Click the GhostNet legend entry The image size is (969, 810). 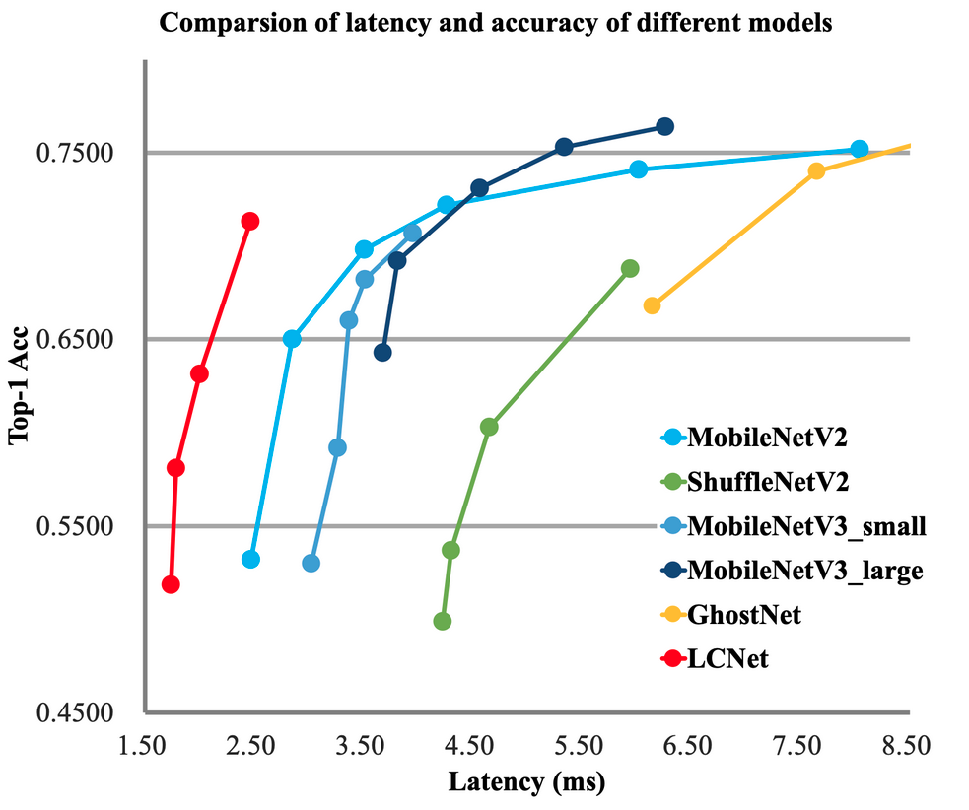coord(743,615)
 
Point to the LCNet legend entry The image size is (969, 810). coord(727,659)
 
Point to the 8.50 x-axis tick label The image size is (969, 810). coord(906,747)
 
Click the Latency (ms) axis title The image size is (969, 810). coord(525,783)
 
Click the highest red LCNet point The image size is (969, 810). coord(249,221)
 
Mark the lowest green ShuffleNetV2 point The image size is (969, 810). coord(442,621)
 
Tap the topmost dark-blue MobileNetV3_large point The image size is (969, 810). coord(664,126)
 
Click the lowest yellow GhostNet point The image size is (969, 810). coord(652,305)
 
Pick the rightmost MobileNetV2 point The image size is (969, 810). coord(859,149)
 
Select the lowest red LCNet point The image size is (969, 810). coord(171,584)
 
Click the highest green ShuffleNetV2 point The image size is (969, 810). coord(630,268)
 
